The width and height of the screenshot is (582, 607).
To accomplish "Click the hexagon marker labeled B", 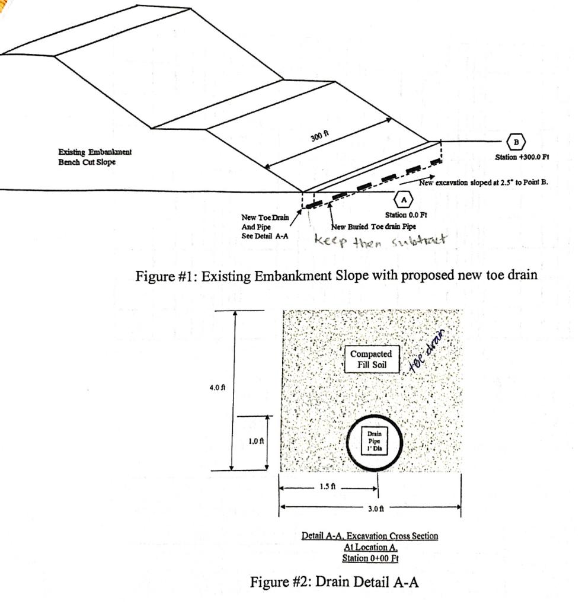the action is pyautogui.click(x=516, y=142).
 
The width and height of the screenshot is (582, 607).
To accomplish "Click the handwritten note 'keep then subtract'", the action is pyautogui.click(x=381, y=241).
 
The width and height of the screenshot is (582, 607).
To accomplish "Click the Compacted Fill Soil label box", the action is pyautogui.click(x=371, y=359).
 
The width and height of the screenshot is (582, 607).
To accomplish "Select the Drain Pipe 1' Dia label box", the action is pyautogui.click(x=374, y=442).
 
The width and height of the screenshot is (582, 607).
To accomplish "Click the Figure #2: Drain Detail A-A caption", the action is pyautogui.click(x=334, y=582).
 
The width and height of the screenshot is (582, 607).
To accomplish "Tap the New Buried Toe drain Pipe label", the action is pyautogui.click(x=373, y=226).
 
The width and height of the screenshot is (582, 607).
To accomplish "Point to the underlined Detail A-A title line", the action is pyautogui.click(x=370, y=536).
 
